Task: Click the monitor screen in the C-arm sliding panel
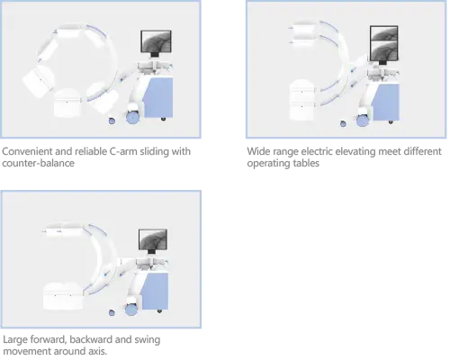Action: pyautogui.click(x=156, y=41)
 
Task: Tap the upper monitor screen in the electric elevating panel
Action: pyautogui.click(x=384, y=33)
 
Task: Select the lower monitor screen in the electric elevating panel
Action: pyautogui.click(x=384, y=50)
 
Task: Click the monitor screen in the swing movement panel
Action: pyautogui.click(x=153, y=239)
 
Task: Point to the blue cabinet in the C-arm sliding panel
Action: pyautogui.click(x=158, y=97)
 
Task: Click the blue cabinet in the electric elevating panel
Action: pyautogui.click(x=386, y=102)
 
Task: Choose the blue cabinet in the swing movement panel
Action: pyautogui.click(x=155, y=292)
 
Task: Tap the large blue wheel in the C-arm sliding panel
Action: pyautogui.click(x=133, y=117)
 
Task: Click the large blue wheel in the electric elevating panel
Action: pyautogui.click(x=363, y=121)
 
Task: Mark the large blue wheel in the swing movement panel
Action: pyautogui.click(x=131, y=310)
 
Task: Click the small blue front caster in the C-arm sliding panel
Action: pyautogui.click(x=112, y=121)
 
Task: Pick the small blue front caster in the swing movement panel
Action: pyautogui.click(x=112, y=313)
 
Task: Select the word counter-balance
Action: pyautogui.click(x=38, y=163)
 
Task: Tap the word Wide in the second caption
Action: pyautogui.click(x=258, y=151)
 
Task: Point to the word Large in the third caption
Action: pyautogui.click(x=14, y=339)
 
